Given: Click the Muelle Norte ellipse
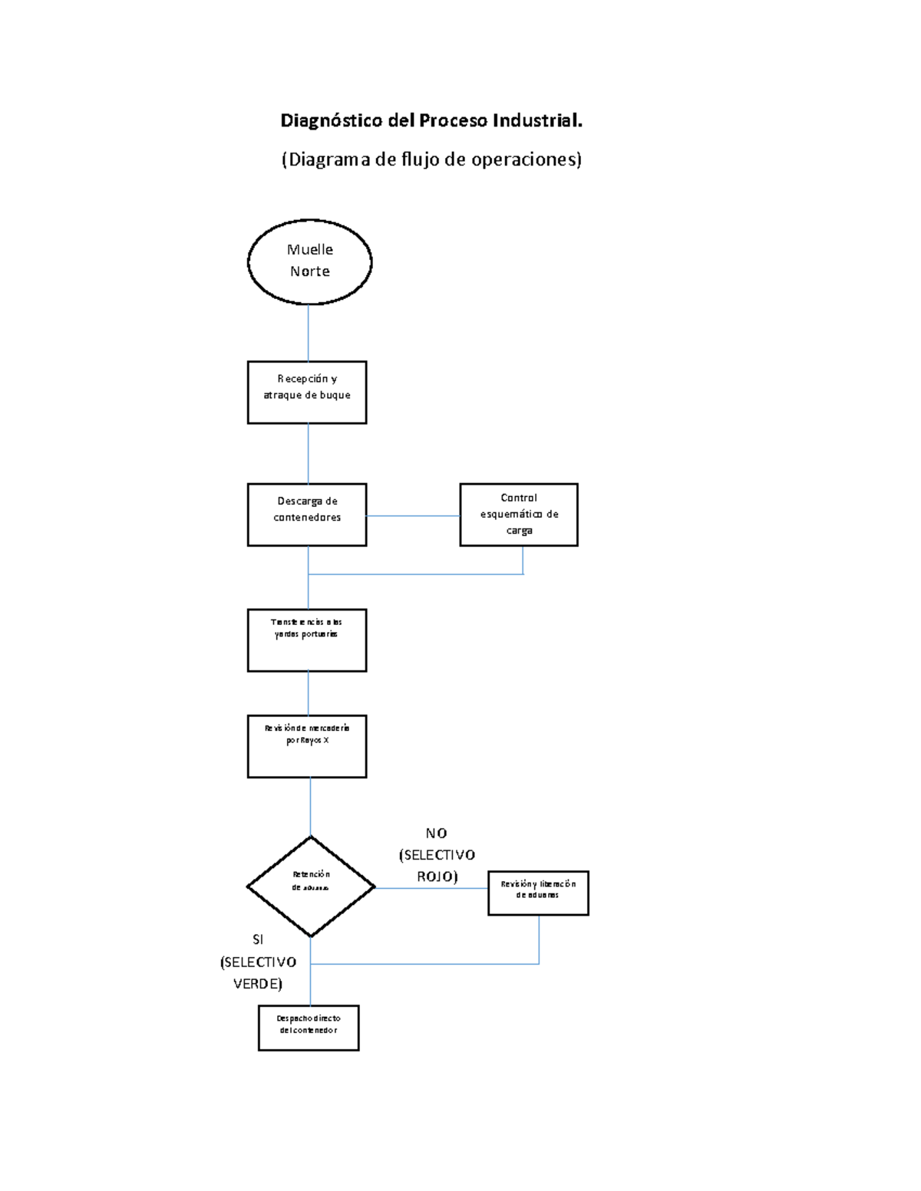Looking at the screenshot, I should click(309, 262).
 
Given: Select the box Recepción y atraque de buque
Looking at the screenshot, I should click(306, 392).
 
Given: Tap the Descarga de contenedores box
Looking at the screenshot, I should click(306, 514).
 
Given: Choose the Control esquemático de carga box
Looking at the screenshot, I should click(518, 514).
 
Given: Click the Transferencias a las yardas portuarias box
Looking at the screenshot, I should click(306, 640).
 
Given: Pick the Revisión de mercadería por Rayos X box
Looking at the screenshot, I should click(306, 745).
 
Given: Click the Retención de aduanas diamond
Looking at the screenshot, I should click(310, 886).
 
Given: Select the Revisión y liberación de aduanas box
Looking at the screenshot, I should click(537, 893).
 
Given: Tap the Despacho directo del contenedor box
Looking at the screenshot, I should click(308, 1027).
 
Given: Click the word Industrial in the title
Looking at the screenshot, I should click(536, 120).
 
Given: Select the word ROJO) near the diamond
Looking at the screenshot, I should click(437, 876).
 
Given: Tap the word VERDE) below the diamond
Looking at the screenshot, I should click(258, 983).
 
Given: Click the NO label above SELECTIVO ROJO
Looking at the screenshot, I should click(436, 833).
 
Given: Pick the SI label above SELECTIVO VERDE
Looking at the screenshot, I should click(258, 939).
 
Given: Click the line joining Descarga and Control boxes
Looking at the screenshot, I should click(413, 516).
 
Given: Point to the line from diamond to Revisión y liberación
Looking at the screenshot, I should click(431, 888).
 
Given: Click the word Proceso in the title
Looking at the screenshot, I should click(452, 120).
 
